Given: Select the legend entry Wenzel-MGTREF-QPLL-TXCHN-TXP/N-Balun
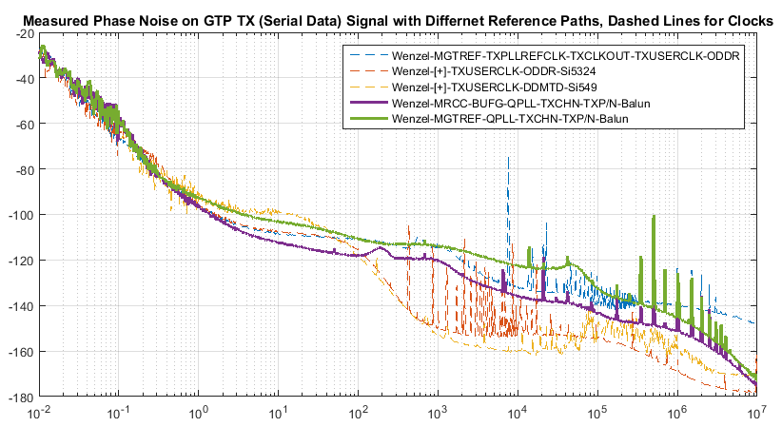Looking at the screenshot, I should click(509, 118).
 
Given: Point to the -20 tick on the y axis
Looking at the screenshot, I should click(23, 33).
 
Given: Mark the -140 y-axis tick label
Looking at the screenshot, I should click(20, 306).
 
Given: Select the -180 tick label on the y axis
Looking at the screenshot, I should click(20, 397).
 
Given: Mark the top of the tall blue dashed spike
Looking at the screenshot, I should click(509, 158).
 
